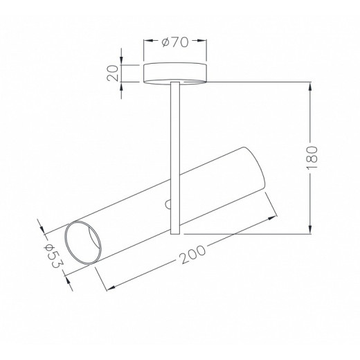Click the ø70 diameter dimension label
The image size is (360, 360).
[175, 42]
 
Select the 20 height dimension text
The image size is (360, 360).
[113, 73]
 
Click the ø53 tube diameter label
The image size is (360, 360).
[53, 256]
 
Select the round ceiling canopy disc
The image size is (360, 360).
[175, 73]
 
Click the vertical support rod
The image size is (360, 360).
[175, 158]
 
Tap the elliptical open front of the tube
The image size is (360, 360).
[83, 242]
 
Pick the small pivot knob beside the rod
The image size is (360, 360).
[168, 204]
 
